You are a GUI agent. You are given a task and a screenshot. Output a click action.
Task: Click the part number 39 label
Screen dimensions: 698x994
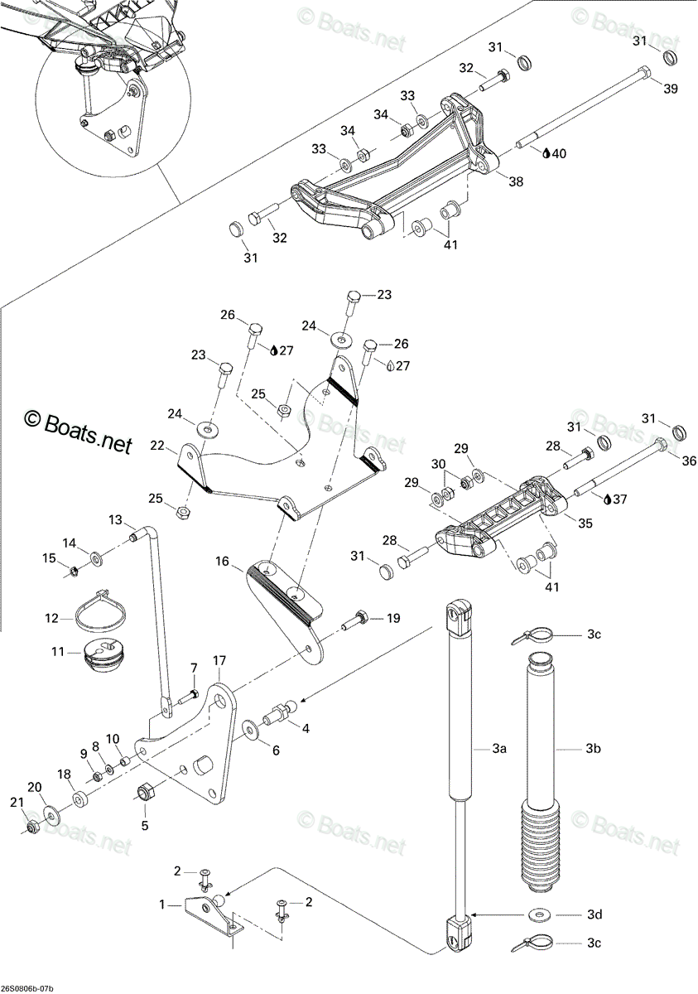coord(670,89)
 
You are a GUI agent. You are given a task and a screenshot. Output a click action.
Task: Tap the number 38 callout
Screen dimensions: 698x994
coord(516,181)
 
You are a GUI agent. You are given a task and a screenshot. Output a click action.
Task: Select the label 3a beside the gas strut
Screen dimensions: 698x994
coord(499,748)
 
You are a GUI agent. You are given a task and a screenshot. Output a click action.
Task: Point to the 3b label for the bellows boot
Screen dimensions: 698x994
coord(594,748)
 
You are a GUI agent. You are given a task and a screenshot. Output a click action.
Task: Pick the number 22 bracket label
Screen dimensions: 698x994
coord(157,445)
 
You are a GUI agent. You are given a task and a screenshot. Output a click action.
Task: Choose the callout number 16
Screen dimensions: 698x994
coord(222,562)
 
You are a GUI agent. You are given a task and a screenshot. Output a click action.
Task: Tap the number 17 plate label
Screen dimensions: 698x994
coord(219,673)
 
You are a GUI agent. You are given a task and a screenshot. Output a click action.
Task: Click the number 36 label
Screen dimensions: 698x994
coord(689,461)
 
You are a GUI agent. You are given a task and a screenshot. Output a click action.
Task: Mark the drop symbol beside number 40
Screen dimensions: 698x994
coord(546,153)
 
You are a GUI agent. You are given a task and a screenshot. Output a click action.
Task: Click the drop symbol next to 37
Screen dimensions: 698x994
coord(607,499)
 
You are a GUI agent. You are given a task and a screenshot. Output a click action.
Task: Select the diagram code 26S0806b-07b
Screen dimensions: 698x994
coord(27,987)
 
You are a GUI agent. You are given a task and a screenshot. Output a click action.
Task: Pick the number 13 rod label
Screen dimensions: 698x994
coord(115,519)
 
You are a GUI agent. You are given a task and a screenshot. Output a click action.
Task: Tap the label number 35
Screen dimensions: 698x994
coord(585,524)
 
